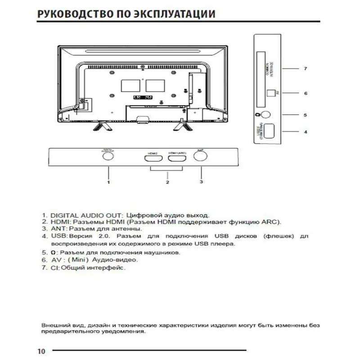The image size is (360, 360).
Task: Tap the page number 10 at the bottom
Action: (x=41, y=351)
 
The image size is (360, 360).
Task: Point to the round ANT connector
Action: (x=200, y=155)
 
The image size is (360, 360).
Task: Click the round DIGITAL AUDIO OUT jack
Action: (x=107, y=156)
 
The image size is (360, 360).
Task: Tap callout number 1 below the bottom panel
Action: (x=108, y=182)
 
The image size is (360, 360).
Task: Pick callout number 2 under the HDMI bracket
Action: (x=167, y=182)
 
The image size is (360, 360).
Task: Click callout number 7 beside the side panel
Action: (x=305, y=69)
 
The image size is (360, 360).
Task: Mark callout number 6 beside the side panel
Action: (x=305, y=94)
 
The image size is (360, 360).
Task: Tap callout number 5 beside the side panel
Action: (x=305, y=115)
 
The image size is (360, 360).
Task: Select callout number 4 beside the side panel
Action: (x=305, y=132)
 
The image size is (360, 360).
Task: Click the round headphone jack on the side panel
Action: (x=265, y=115)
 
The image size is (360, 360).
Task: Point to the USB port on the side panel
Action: (x=268, y=132)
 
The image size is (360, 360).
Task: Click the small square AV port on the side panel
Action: (x=271, y=93)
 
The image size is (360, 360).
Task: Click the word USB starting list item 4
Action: (x=58, y=236)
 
